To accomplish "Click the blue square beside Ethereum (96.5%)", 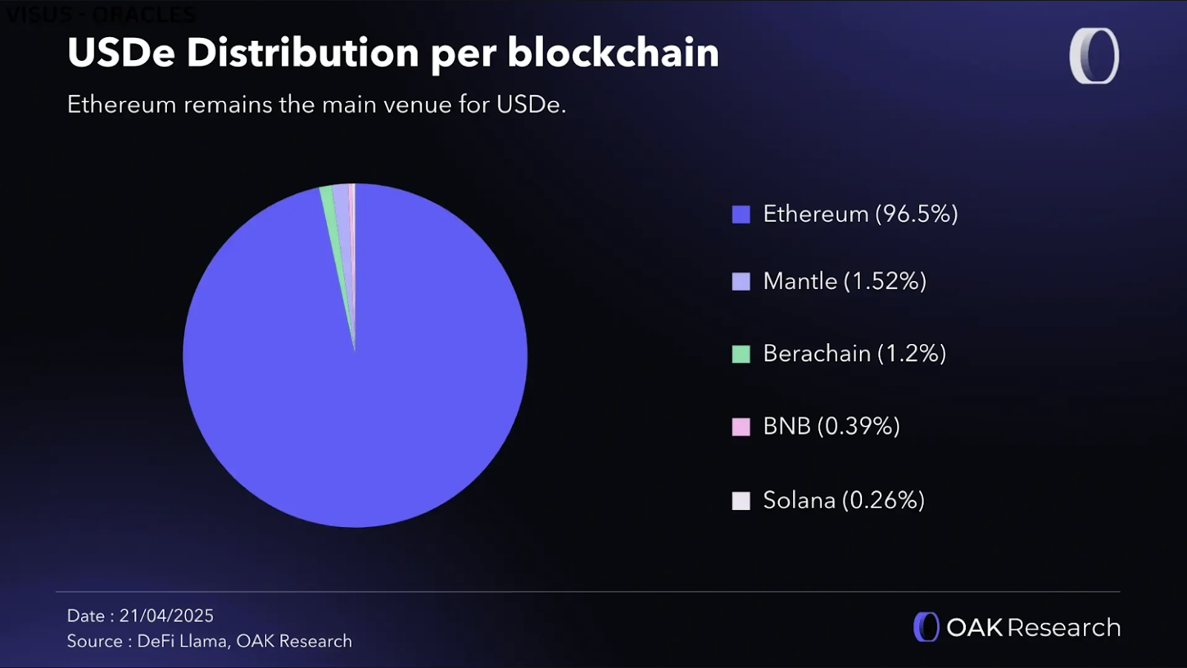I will [740, 214].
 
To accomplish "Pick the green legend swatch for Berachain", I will [740, 354].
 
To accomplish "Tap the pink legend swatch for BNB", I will [740, 426].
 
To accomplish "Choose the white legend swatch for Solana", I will [740, 500].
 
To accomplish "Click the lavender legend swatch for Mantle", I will [740, 282].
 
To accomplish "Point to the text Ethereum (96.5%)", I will [860, 214].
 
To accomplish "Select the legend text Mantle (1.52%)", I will [844, 282].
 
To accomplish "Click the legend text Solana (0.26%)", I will [844, 500].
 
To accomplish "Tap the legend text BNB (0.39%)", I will [831, 426].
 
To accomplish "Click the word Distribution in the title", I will [303, 53].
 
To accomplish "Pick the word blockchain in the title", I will [613, 53].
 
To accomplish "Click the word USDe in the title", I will [121, 53].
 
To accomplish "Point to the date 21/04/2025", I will [166, 616].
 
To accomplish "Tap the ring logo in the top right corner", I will [1094, 56].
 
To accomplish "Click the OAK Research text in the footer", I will [1033, 628].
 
